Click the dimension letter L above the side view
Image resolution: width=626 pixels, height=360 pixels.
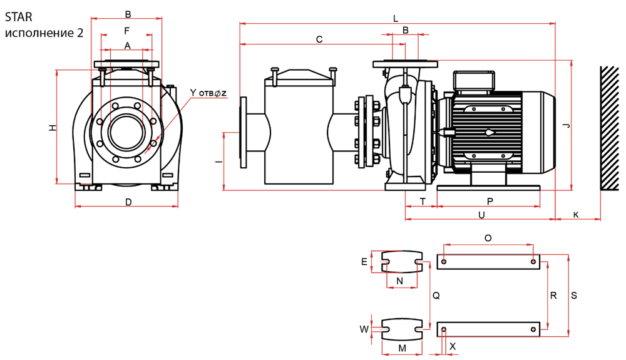396,19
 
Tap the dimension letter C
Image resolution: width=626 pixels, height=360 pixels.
319,39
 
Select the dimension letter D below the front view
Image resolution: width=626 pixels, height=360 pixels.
128,202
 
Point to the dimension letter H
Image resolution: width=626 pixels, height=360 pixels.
53,128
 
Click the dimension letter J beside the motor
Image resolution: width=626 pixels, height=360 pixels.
566,126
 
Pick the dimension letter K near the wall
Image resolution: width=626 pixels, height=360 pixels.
576,215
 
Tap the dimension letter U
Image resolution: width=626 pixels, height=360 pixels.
481,215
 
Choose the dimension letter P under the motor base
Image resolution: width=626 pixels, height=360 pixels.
490,201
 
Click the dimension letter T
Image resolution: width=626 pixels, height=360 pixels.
423,201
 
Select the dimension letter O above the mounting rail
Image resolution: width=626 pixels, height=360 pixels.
488,238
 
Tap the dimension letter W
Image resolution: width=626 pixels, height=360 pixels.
364,329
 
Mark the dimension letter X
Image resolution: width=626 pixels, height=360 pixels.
453,345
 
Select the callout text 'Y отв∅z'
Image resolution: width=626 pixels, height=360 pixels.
208,93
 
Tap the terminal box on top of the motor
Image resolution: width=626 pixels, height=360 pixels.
474,80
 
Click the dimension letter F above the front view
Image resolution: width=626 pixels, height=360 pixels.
127,30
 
